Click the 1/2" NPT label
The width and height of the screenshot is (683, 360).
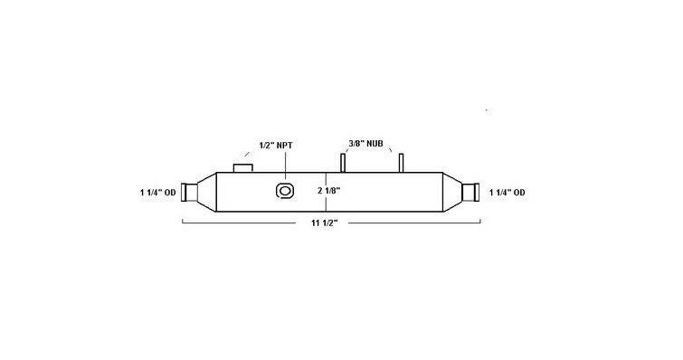[276, 146]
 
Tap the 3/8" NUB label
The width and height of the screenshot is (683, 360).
[365, 143]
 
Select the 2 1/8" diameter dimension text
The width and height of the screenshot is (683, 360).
[329, 190]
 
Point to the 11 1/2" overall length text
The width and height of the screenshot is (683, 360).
[325, 223]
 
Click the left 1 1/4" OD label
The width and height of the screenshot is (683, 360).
[158, 193]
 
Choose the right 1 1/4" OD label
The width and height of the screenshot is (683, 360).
[507, 193]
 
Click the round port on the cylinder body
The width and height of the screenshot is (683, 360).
[285, 191]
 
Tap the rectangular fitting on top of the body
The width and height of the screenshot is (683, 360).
[243, 168]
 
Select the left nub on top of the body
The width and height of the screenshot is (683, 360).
[343, 163]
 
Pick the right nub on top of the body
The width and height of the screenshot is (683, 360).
[401, 163]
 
